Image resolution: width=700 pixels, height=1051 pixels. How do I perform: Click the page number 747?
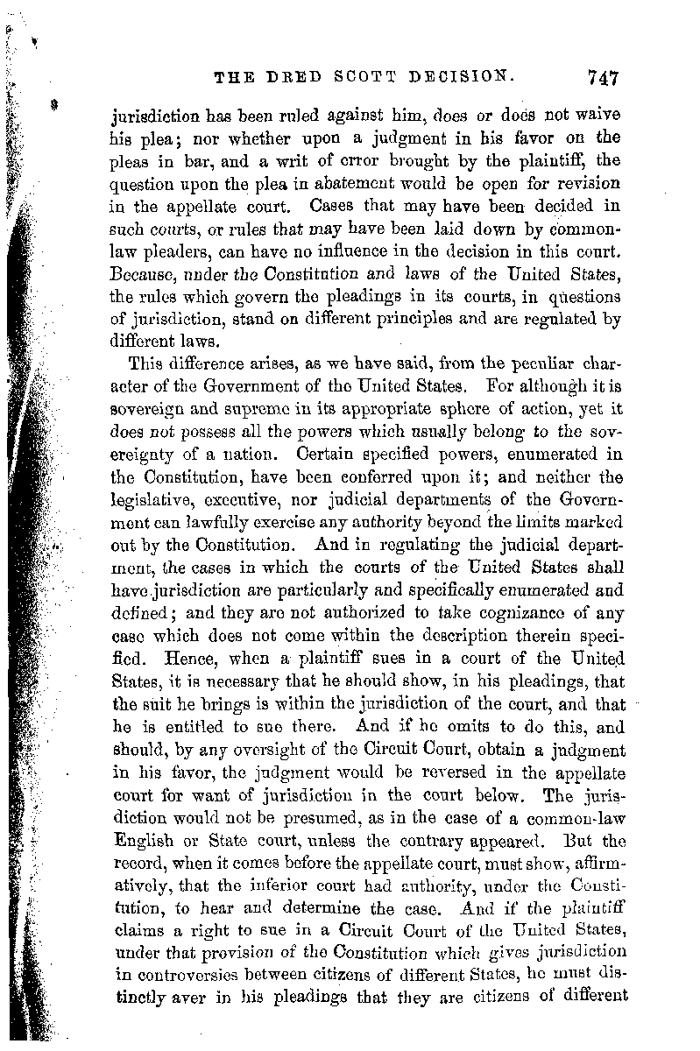(599, 77)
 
